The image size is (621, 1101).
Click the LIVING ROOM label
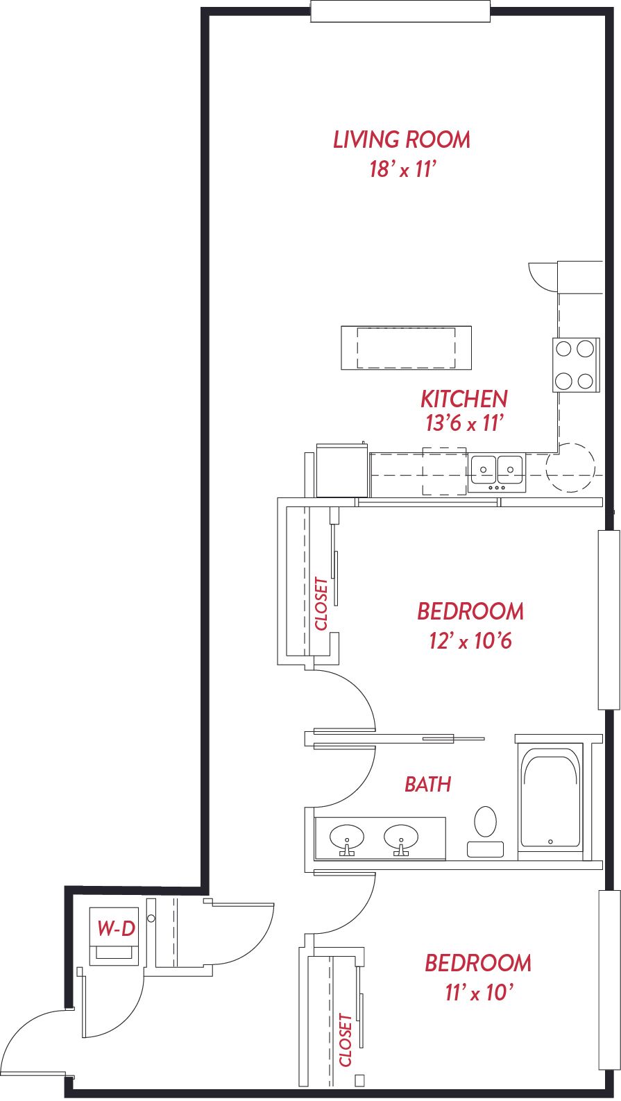[402, 139]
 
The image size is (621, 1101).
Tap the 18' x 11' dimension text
[403, 169]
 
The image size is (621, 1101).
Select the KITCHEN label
[463, 399]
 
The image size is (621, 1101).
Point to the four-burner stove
[576, 365]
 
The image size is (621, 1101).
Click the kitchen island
[406, 348]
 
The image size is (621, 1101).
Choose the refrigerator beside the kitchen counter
[342, 470]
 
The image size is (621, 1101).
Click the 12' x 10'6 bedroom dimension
[470, 641]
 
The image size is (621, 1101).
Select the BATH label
[428, 784]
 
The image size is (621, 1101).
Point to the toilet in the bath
[485, 831]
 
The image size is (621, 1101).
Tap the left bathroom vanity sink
[347, 838]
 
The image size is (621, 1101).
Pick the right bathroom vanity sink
[401, 838]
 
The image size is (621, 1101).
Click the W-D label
[116, 928]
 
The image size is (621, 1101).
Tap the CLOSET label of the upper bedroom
[321, 604]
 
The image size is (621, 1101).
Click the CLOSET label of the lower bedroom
[346, 1040]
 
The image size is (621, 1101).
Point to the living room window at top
[400, 11]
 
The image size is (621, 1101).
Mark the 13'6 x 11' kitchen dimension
[464, 423]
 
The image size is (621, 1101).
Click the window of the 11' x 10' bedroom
[609, 983]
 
